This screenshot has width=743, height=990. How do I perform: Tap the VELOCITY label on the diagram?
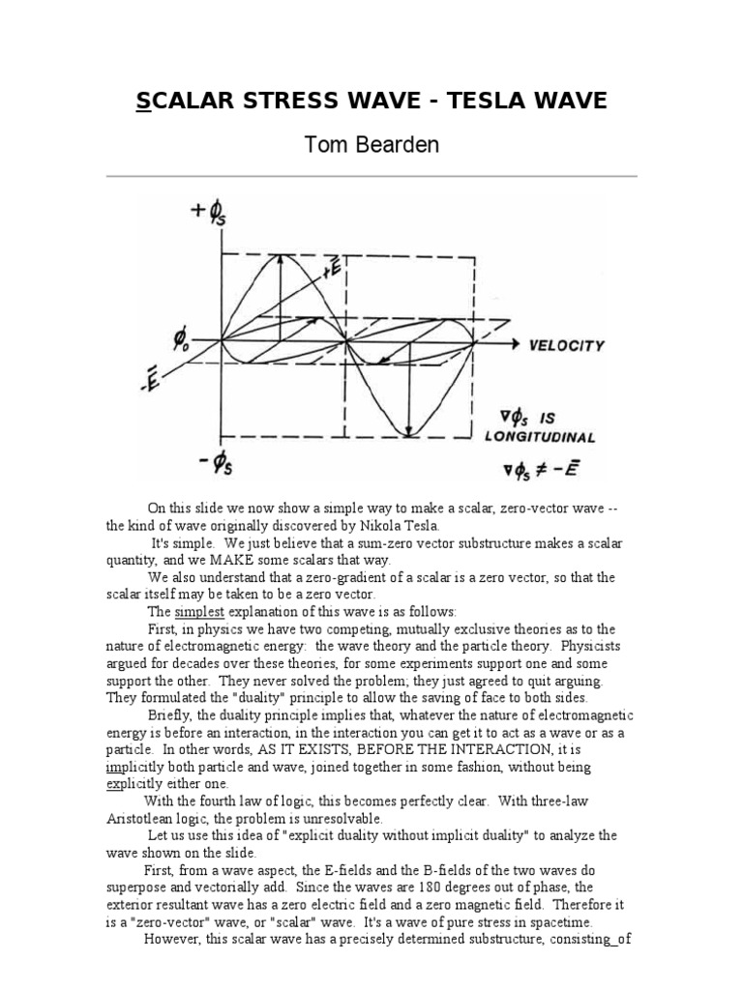click(566, 345)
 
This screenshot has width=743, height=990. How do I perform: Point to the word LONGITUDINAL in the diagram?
click(540, 437)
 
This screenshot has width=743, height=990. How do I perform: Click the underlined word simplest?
click(201, 612)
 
